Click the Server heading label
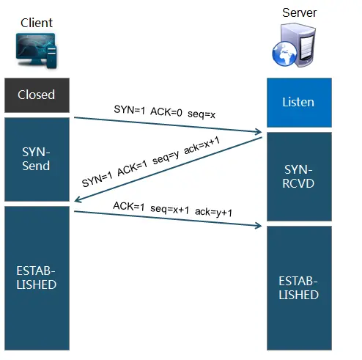coord(299,13)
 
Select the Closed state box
coord(36,95)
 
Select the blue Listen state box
coord(299,101)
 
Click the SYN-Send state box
coord(36,158)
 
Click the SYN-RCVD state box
coord(299,176)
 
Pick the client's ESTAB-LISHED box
coord(36,276)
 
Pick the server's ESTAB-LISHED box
coord(299,287)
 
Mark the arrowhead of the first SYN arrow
coord(259,133)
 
